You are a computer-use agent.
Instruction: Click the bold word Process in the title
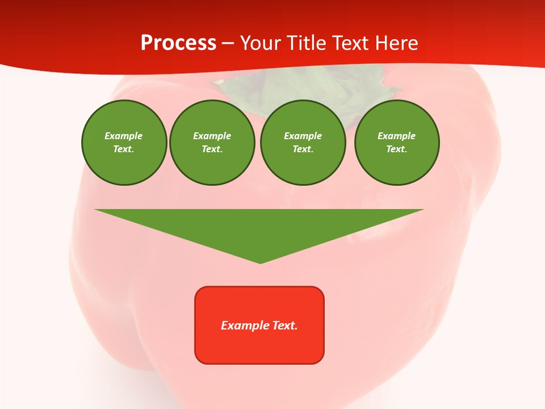pos(178,43)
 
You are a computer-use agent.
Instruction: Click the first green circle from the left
pos(124,143)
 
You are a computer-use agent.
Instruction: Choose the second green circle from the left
pos(212,143)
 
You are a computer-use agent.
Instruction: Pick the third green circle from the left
pos(303,143)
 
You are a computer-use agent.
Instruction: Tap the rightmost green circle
pos(396,143)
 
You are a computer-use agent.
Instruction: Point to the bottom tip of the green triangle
pos(261,262)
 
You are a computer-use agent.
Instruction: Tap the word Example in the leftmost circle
pos(124,136)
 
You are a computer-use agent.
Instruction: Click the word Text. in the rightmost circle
pos(396,149)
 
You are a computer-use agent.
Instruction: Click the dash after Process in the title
pos(228,43)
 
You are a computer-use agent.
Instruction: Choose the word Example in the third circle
pos(303,136)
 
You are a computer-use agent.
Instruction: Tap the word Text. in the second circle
pos(212,149)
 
